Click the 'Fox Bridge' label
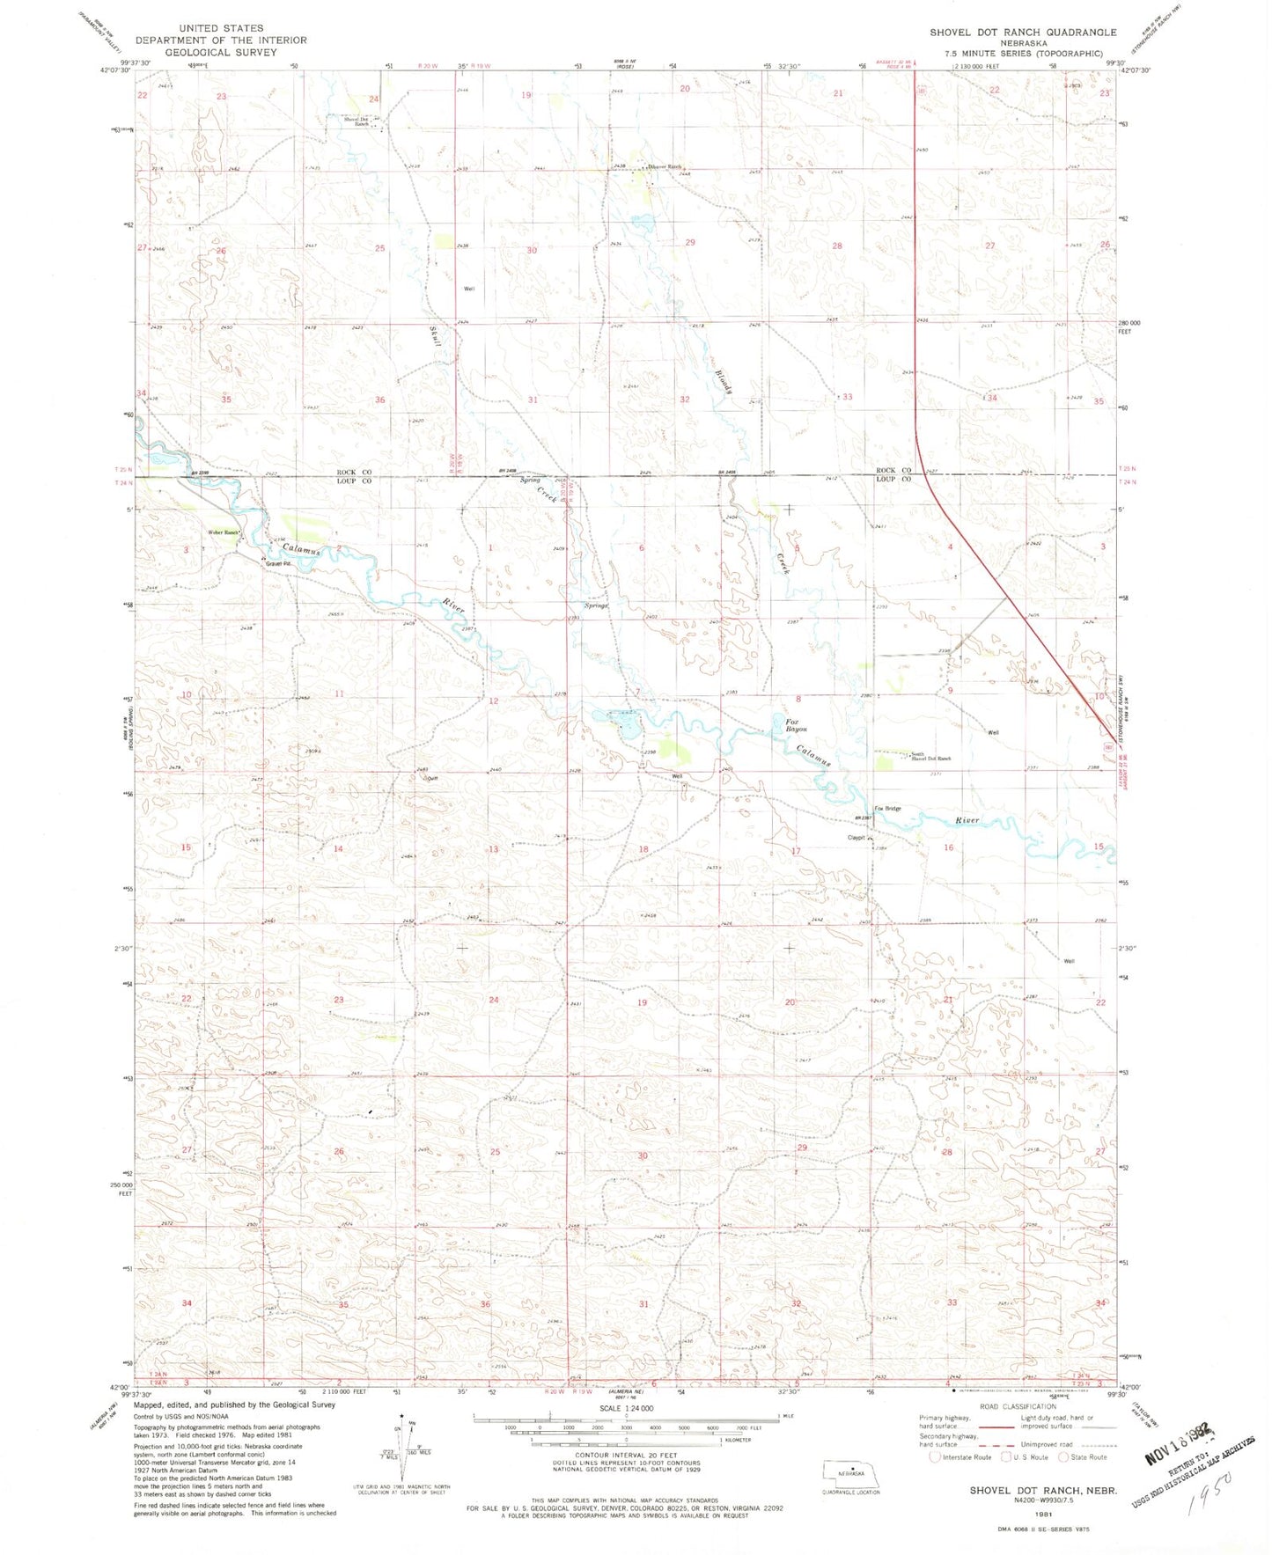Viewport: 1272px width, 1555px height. point(886,808)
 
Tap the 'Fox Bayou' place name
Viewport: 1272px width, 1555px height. point(796,725)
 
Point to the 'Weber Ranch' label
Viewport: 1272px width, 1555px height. point(224,532)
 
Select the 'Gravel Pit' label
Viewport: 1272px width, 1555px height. point(281,564)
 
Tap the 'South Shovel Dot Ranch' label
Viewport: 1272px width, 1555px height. point(930,756)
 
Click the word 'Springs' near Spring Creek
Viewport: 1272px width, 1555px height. point(597,605)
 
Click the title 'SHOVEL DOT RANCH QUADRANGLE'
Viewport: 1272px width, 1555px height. point(1022,33)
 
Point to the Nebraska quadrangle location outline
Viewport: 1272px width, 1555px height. point(850,1471)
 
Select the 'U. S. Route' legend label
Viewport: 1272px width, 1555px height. point(1026,1456)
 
